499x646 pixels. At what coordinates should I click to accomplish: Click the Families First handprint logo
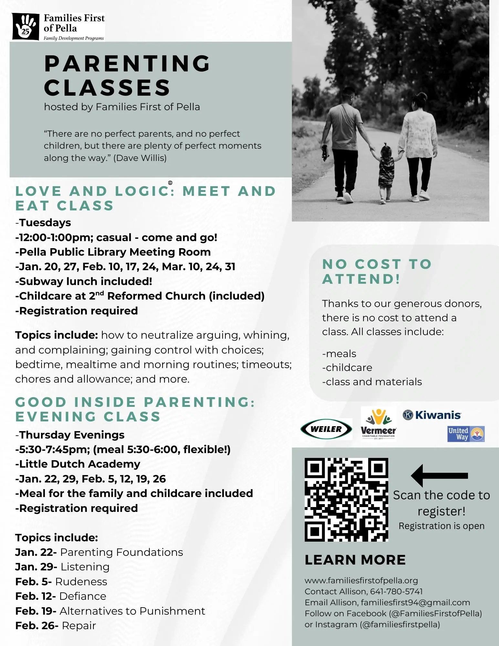click(25, 26)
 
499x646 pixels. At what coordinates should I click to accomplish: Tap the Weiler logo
click(326, 429)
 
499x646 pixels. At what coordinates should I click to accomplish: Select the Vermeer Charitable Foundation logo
click(378, 424)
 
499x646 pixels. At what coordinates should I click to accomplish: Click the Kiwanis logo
click(432, 415)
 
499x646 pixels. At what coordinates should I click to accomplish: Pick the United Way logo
click(465, 434)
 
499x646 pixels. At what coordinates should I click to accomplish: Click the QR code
click(346, 500)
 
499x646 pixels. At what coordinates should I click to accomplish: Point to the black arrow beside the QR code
click(439, 475)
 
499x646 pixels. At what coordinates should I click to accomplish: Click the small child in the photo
click(386, 173)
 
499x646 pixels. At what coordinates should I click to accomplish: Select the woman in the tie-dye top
click(418, 145)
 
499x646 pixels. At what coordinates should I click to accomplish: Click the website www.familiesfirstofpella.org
click(361, 580)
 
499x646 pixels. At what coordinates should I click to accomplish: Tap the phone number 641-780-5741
click(396, 591)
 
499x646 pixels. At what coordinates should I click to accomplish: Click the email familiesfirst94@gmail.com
click(415, 602)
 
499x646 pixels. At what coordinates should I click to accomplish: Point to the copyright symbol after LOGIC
click(170, 183)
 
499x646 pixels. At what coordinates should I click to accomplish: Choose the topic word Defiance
click(83, 596)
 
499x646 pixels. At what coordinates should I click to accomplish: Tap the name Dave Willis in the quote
click(140, 158)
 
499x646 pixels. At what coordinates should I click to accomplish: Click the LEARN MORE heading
click(355, 560)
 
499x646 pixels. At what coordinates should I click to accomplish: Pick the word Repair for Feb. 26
click(79, 626)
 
